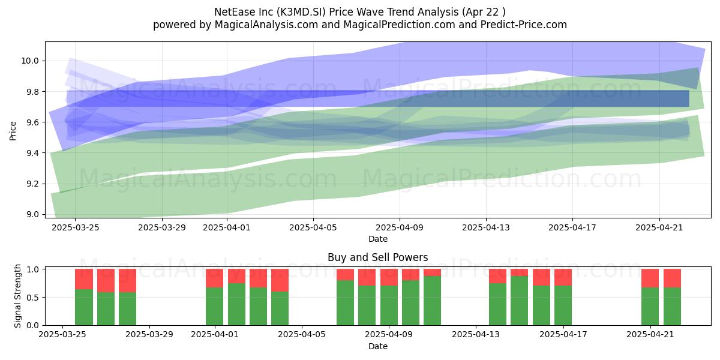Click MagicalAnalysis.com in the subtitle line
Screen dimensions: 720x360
[x=266, y=25]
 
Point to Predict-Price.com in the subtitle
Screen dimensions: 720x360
[x=524, y=25]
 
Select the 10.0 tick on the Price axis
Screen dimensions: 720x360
[x=30, y=61]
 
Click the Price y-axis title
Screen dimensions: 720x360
[x=13, y=131]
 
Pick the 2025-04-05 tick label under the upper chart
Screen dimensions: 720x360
[x=313, y=227]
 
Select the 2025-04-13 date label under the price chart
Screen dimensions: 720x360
[x=486, y=227]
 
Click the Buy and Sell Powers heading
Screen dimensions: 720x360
[x=377, y=257]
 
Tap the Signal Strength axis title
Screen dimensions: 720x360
[x=17, y=296]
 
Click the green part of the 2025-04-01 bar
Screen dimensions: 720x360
[x=214, y=306]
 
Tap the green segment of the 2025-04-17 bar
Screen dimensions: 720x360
[x=563, y=305]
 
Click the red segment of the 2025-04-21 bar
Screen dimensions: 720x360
[x=650, y=278]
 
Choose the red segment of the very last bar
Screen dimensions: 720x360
[x=672, y=278]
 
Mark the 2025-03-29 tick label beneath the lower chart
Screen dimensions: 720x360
[x=149, y=335]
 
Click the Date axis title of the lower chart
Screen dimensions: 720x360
[x=377, y=346]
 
